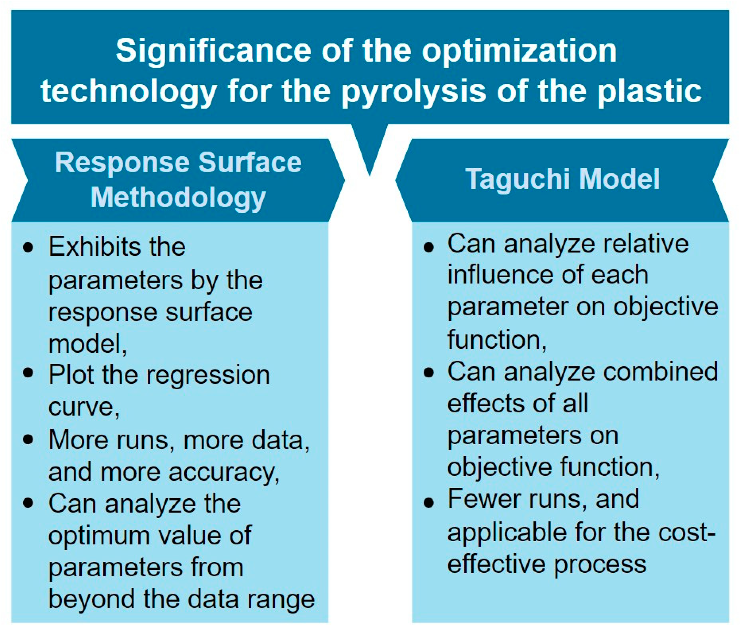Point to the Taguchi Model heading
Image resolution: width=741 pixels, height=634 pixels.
click(562, 179)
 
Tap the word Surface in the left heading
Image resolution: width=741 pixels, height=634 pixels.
click(250, 163)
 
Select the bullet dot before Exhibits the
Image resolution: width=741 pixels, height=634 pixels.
click(28, 247)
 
